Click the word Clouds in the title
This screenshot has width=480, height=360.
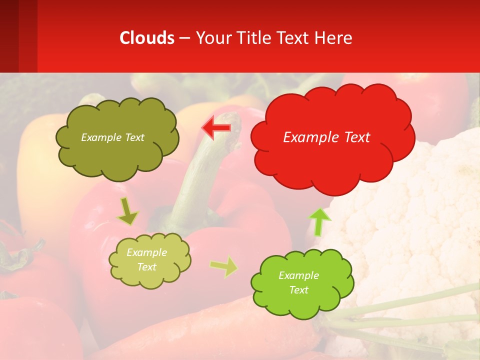tap(147, 38)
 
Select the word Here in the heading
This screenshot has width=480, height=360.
tap(334, 38)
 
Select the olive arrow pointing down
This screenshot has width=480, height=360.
tap(127, 211)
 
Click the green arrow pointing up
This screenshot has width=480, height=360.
tap(319, 221)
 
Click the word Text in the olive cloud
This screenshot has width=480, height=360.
tap(134, 137)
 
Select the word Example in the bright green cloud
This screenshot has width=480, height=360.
tap(298, 275)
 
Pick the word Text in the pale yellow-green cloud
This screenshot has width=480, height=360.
tap(146, 267)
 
